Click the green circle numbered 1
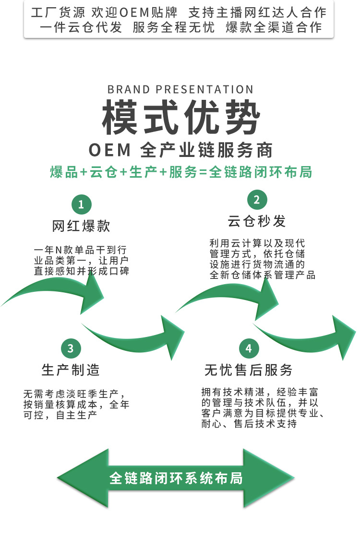click(81, 204)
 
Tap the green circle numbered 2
click(257, 200)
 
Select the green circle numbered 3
click(71, 348)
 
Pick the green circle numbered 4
click(249, 348)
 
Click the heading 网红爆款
click(81, 226)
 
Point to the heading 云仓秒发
click(257, 221)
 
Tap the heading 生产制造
click(71, 370)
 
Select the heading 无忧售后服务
click(249, 370)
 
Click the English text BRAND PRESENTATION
click(180, 90)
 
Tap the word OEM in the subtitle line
click(110, 150)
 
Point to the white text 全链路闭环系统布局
click(176, 478)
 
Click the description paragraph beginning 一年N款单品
click(81, 261)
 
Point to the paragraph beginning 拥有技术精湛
click(262, 408)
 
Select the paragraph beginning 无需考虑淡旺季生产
click(76, 404)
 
